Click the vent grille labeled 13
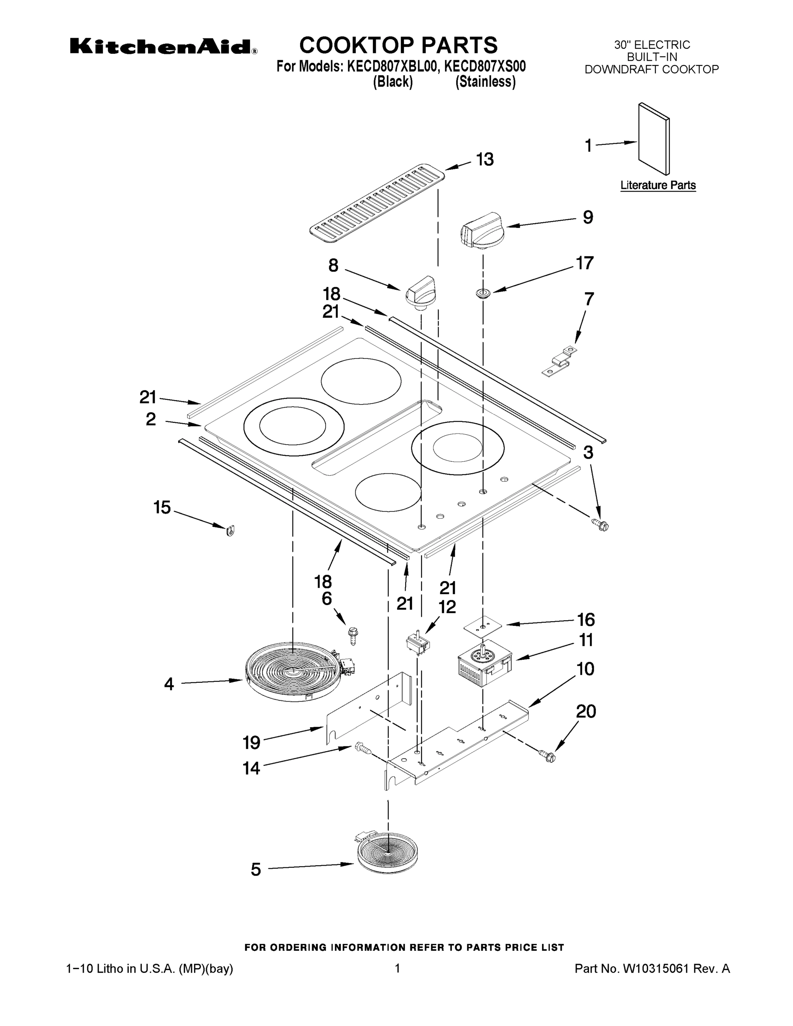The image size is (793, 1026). pos(377,203)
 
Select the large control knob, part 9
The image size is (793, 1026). pos(481,229)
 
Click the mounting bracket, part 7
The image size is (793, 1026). pos(560,362)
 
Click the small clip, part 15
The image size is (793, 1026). pos(230,531)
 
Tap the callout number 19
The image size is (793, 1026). pos(251,743)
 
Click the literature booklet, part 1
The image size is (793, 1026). pos(654,139)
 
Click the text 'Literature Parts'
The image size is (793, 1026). pos(658,185)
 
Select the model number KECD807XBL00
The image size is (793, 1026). pos(388,67)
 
